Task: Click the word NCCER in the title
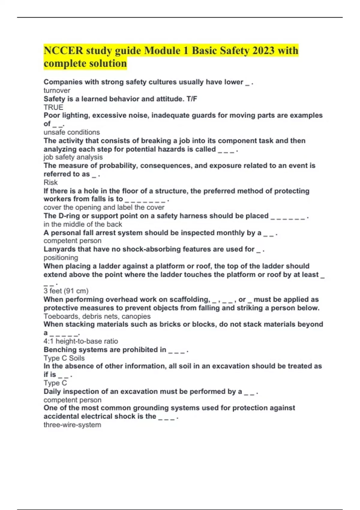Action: [x=63, y=50]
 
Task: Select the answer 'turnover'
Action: [x=57, y=90]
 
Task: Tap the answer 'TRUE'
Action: [x=53, y=107]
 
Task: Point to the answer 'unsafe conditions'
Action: [x=72, y=132]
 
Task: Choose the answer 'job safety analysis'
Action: [x=73, y=157]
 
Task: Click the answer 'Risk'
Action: [x=50, y=182]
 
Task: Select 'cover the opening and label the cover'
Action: [x=104, y=207]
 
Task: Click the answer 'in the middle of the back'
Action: [x=83, y=224]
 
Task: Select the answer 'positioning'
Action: [x=61, y=257]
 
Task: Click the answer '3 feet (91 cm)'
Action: [x=66, y=291]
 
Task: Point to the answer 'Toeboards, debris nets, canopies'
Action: [x=97, y=316]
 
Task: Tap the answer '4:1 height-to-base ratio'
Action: [x=81, y=341]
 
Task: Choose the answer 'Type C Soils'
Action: [x=64, y=358]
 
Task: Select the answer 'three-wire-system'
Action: [x=72, y=424]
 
